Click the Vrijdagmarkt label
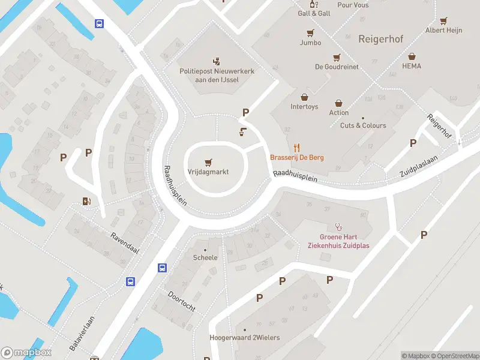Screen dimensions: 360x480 pyautogui.click(x=208, y=171)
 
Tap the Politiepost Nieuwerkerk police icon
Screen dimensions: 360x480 pyautogui.click(x=217, y=61)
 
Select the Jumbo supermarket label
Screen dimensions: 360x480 pyautogui.click(x=310, y=43)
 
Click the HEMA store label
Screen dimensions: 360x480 pyautogui.click(x=412, y=66)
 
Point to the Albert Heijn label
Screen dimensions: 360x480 pyautogui.click(x=443, y=30)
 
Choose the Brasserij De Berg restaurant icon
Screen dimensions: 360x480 pyautogui.click(x=296, y=147)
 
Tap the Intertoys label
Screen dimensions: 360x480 pyautogui.click(x=304, y=107)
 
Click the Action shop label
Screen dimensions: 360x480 pyautogui.click(x=338, y=112)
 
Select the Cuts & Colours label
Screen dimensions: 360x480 pyautogui.click(x=363, y=125)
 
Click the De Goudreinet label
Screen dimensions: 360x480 pyautogui.click(x=337, y=67)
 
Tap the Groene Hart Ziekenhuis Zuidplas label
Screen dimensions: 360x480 pyautogui.click(x=338, y=241)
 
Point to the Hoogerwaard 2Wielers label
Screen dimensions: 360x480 pyautogui.click(x=244, y=338)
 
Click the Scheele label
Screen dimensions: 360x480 pyautogui.click(x=205, y=257)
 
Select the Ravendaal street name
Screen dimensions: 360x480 pyautogui.click(x=124, y=242)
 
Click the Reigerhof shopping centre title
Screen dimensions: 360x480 pyautogui.click(x=380, y=39)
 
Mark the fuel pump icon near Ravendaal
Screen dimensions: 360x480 pyautogui.click(x=87, y=201)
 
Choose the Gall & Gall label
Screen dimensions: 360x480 pyautogui.click(x=314, y=13)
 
